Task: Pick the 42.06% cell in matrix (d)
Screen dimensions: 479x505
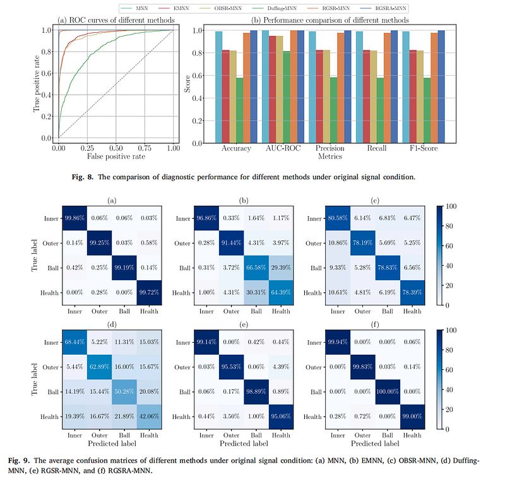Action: click(148, 417)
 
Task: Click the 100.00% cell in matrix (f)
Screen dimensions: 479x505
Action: click(391, 392)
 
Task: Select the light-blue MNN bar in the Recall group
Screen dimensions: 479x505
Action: click(360, 87)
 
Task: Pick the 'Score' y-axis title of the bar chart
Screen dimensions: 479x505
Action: click(187, 85)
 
